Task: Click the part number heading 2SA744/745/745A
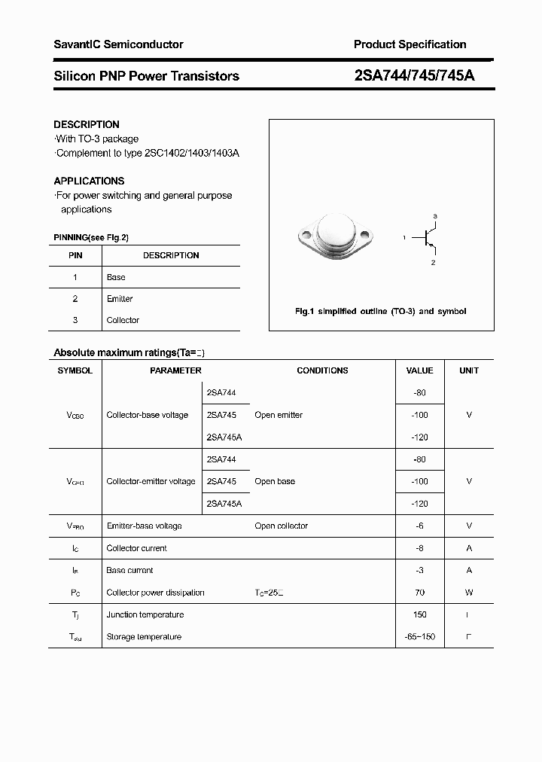tap(413, 76)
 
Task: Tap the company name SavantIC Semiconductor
tap(118, 44)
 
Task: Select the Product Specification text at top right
tap(410, 44)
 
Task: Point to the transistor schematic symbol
tap(430, 238)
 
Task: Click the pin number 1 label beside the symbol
tap(404, 238)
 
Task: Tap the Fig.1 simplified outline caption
tap(379, 311)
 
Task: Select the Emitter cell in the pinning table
tap(120, 299)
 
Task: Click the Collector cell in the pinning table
tap(123, 320)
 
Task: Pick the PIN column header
tap(75, 255)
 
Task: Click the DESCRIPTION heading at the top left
tap(86, 124)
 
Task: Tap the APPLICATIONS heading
tap(89, 181)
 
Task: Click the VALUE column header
tap(419, 370)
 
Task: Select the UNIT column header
tap(469, 370)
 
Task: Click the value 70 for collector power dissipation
tap(419, 593)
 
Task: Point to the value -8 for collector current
tap(419, 548)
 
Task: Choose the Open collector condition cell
tap(281, 526)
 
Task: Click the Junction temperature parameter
tap(145, 614)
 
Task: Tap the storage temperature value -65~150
tap(419, 637)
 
